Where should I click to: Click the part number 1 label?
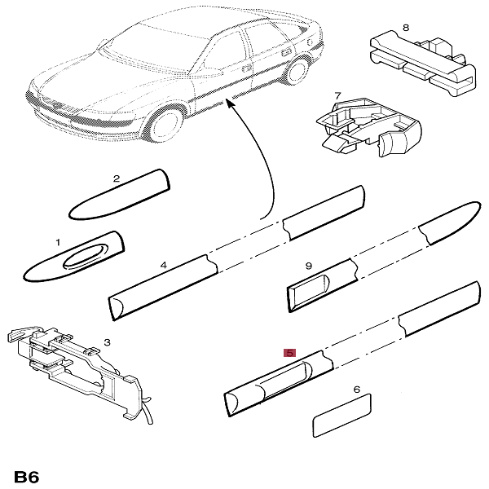[58, 243]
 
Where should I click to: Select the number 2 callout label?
[116, 178]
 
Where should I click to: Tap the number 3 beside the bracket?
[106, 343]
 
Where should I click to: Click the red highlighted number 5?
[289, 353]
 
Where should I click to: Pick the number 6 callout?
[356, 390]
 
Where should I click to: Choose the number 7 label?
[337, 96]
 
